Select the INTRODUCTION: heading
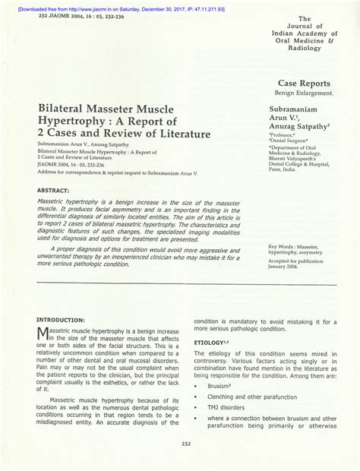61,321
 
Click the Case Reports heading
304,84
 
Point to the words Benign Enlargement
304,93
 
